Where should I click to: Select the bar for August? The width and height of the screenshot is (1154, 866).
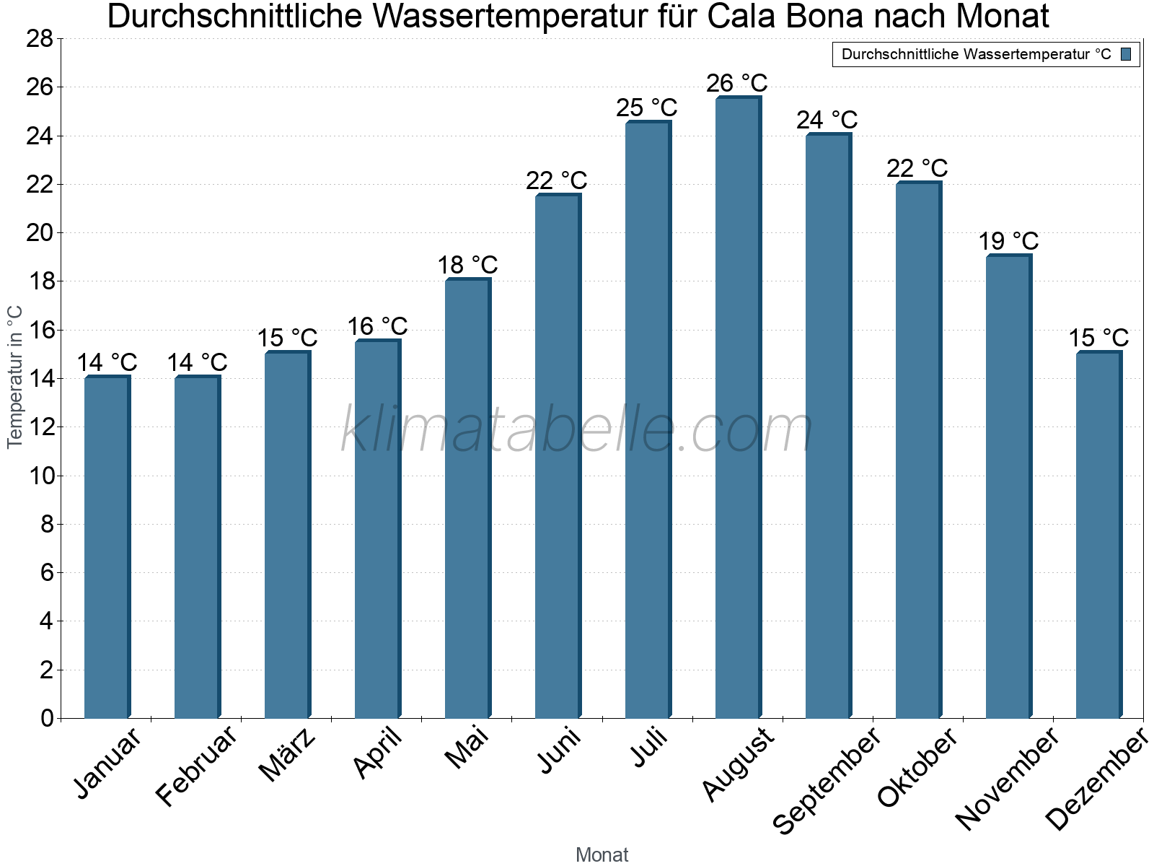(x=738, y=408)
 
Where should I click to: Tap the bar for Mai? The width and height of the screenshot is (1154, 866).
(x=467, y=498)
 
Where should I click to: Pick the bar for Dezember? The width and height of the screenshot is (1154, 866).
(x=1098, y=534)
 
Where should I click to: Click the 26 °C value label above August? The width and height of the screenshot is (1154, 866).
(x=737, y=84)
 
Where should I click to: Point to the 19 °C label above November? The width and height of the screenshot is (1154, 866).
(x=1008, y=241)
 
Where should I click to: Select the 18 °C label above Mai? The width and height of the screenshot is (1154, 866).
(x=467, y=265)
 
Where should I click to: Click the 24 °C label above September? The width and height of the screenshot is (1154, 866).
(x=827, y=120)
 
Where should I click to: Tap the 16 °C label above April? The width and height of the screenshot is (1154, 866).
(x=377, y=326)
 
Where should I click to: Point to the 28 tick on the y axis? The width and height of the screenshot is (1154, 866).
(x=40, y=38)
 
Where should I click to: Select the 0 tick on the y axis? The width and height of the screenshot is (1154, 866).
(x=47, y=718)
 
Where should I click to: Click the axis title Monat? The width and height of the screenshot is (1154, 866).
(x=602, y=854)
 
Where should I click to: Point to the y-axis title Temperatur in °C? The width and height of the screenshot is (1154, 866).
(x=15, y=377)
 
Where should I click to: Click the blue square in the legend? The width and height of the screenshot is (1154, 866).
(x=1126, y=54)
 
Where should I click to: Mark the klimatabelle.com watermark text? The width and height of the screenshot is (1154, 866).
(x=577, y=430)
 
